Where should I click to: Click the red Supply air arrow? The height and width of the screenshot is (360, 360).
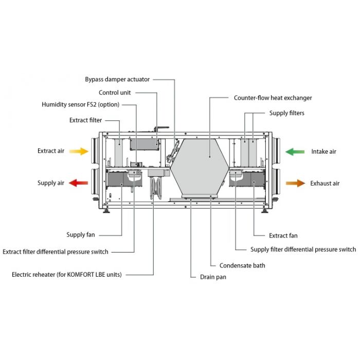(x=79, y=183)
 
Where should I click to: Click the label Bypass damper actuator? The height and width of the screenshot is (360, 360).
(x=117, y=79)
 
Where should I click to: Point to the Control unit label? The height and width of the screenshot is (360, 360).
(x=115, y=93)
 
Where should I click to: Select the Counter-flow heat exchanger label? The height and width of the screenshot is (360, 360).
(x=273, y=98)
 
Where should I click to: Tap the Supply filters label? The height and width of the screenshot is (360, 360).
(x=286, y=113)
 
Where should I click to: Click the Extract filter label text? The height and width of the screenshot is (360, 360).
(x=85, y=120)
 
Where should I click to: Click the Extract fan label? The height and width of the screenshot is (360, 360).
(x=283, y=236)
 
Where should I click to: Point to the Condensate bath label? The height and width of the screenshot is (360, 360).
(x=242, y=265)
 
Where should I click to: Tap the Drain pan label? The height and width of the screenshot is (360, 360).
(x=213, y=277)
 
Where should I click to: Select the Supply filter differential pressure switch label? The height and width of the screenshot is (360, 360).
(x=303, y=249)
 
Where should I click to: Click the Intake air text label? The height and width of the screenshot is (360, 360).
(x=323, y=152)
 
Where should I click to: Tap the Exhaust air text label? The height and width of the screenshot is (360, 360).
(x=325, y=183)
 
